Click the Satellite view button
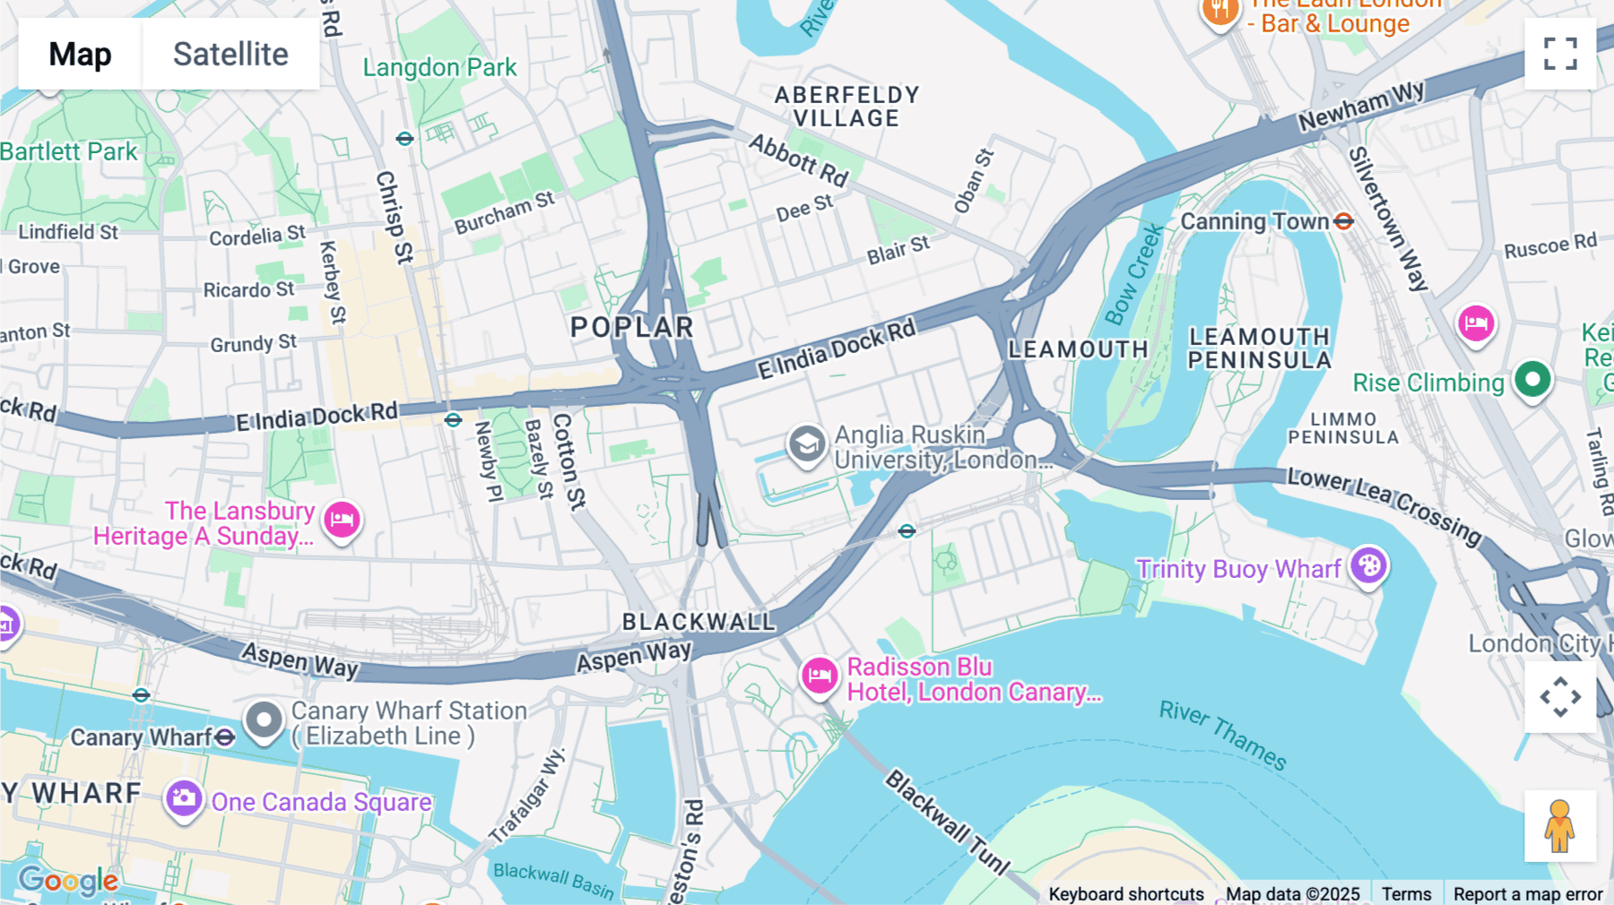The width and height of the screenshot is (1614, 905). (230, 54)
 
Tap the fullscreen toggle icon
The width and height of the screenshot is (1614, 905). (1560, 54)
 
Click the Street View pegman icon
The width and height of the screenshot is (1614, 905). (1560, 825)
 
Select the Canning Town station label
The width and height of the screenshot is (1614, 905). (1254, 221)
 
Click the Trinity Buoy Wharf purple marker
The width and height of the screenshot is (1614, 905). (1369, 565)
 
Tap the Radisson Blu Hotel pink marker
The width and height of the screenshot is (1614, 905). (820, 676)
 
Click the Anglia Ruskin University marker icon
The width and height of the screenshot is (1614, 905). (807, 444)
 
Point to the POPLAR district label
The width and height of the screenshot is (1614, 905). (632, 327)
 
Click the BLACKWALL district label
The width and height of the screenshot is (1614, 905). (699, 621)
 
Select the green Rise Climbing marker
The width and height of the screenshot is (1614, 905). (1532, 379)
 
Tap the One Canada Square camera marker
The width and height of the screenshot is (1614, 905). (184, 797)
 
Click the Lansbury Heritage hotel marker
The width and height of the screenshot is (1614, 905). (342, 519)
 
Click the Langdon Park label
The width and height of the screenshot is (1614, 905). (439, 67)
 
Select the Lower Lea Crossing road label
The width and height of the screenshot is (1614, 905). (1384, 505)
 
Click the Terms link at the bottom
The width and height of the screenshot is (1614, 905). (1406, 893)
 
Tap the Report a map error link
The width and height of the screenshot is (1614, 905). (1527, 893)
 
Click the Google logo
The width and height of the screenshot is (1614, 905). (68, 881)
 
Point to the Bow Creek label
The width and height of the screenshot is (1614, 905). (1133, 274)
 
